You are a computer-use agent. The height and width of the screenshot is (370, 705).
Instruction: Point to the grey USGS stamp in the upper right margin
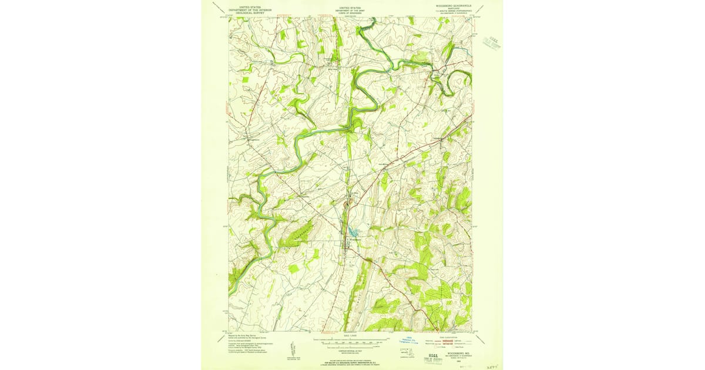491,42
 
